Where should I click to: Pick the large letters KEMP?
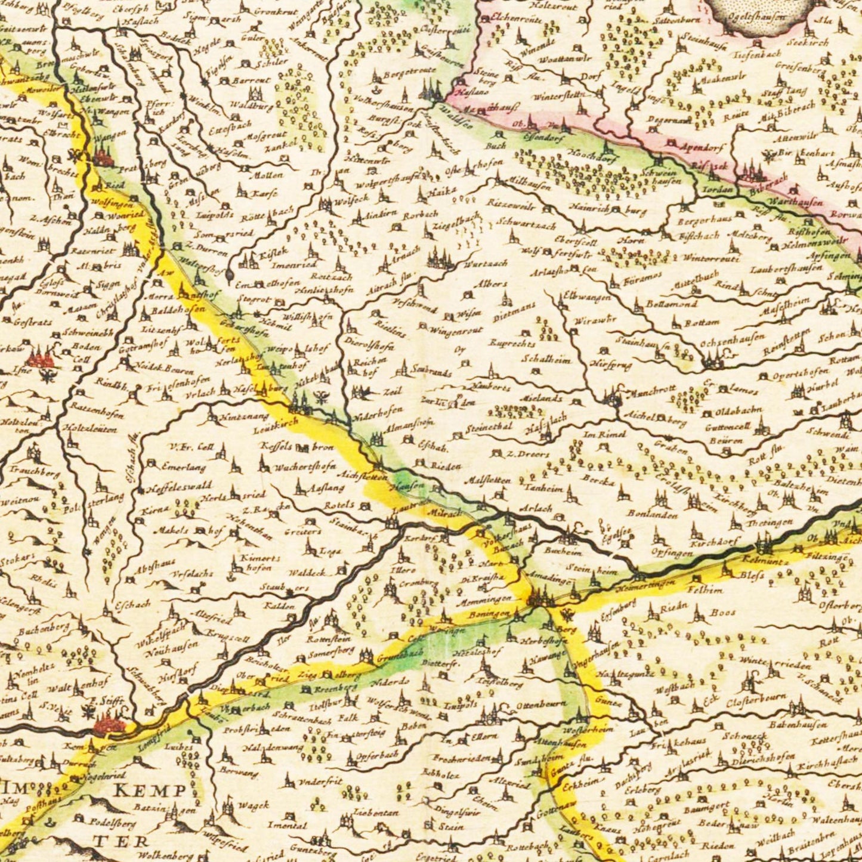(149, 791)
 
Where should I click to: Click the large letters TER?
(132, 841)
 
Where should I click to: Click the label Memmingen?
(486, 598)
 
